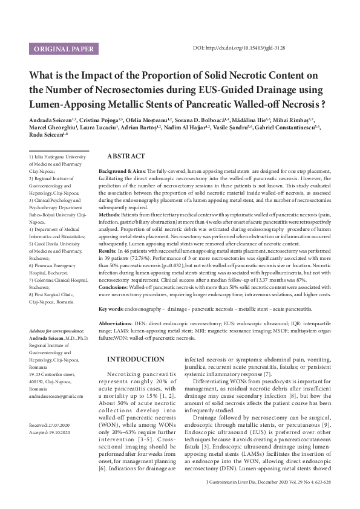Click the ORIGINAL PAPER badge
[x=64, y=48]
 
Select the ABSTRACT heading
[x=126, y=156]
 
